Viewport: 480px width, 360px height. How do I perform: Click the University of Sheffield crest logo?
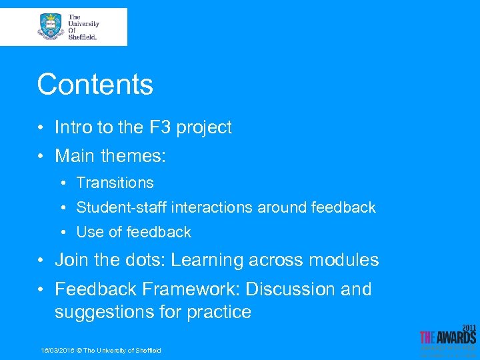coord(51,27)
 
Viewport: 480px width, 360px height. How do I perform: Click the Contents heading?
coord(95,85)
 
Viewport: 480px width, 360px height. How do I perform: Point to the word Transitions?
coord(115,183)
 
